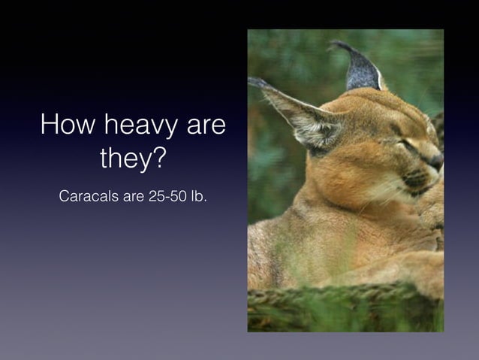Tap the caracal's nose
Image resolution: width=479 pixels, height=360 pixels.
435,160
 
